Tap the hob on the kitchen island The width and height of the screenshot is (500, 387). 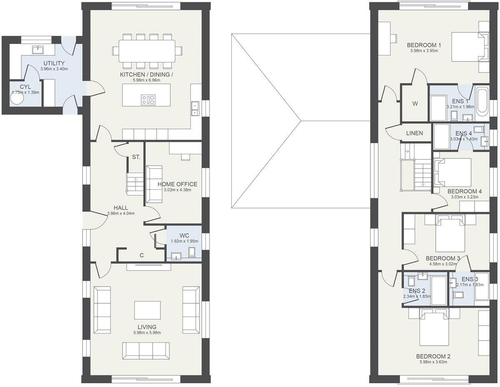coord(148,100)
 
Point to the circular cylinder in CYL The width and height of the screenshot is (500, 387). coord(18,101)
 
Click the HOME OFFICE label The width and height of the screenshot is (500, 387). coord(177,184)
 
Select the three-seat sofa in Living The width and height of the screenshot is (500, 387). coord(146,350)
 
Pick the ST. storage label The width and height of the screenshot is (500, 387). coord(136,157)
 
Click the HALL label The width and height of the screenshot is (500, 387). coord(120,208)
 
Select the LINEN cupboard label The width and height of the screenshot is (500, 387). coord(414,133)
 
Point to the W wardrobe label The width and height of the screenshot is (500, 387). coord(415,104)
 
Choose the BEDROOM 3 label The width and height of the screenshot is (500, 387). coord(442,258)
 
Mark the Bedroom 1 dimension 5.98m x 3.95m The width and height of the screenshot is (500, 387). coord(424,51)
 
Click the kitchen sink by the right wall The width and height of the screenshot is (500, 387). coord(195,108)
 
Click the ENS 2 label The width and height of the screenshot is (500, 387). coord(417,291)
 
